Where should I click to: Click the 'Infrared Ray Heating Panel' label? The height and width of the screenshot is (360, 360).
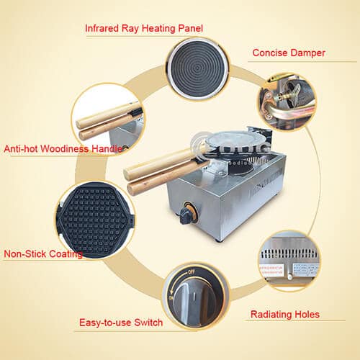[x=144, y=29]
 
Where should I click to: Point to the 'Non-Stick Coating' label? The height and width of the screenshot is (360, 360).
[x=42, y=253]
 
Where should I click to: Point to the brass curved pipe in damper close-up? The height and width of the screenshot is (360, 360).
[x=284, y=112]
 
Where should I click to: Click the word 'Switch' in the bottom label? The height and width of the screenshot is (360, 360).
[x=147, y=323]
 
